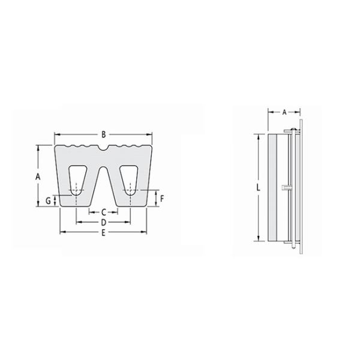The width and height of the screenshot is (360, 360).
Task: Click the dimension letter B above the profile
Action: pos(104,134)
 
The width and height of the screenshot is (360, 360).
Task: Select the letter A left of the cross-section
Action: pos(37,176)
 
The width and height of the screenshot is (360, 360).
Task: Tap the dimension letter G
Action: pos(48,200)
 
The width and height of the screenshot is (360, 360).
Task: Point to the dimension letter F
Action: pos(161,197)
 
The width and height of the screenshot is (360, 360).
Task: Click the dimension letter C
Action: pos(103,212)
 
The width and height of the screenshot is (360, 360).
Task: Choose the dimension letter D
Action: pos(103,222)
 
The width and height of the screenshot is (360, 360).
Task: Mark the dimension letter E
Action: pos(103,232)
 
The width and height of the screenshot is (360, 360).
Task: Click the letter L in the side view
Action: pos(258,188)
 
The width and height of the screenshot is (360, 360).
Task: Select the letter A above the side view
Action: pos(284,112)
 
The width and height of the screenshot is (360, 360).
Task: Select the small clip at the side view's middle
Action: pos(286,188)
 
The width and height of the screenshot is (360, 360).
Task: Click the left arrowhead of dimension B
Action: pos(56,134)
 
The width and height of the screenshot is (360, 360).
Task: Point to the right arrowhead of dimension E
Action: pos(146,232)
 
